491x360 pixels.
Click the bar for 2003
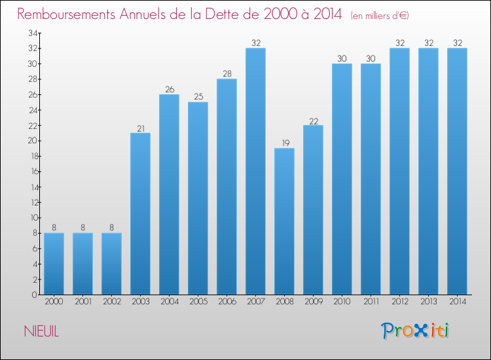coord(140,213)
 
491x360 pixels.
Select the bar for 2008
coord(284,221)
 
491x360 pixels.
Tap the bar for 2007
coord(255,171)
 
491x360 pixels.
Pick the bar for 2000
coord(54,264)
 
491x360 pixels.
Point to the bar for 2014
coord(457,171)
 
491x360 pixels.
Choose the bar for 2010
coord(342,179)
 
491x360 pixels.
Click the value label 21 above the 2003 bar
coord(140,128)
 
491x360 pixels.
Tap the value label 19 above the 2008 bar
coord(284,143)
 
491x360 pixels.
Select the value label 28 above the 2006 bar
coord(227,74)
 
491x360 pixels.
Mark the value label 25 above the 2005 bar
coord(198,97)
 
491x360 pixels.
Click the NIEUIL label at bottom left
coord(43,332)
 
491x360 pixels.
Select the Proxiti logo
coord(414,331)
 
